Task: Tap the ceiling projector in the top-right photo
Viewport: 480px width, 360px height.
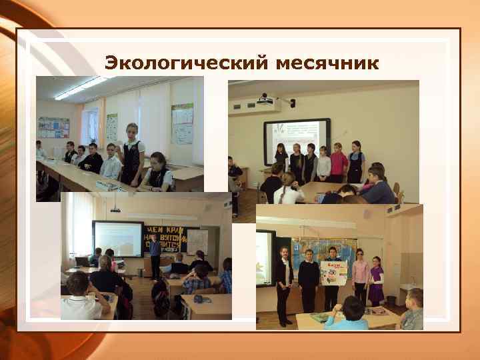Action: click(x=266, y=103)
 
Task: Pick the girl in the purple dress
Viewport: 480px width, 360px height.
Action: click(x=377, y=281)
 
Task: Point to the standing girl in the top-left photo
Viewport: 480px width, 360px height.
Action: click(x=131, y=153)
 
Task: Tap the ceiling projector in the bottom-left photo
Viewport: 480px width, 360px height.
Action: click(x=115, y=210)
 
